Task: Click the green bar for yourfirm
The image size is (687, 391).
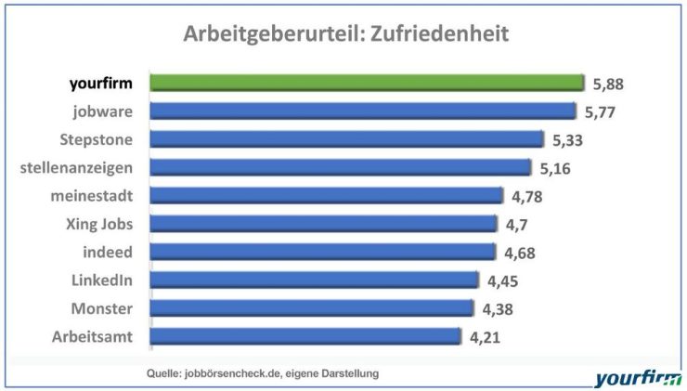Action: tap(367, 84)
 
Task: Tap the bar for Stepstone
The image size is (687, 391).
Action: tap(346, 139)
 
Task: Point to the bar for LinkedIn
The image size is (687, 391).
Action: tap(315, 280)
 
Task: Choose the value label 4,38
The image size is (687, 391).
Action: tap(497, 308)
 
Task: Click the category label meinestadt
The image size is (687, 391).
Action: tap(92, 196)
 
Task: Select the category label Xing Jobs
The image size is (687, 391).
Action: tap(100, 224)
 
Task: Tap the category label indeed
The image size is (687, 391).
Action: tap(109, 252)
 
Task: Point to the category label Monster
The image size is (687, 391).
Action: tap(102, 308)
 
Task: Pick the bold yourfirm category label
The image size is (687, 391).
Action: tap(100, 84)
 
